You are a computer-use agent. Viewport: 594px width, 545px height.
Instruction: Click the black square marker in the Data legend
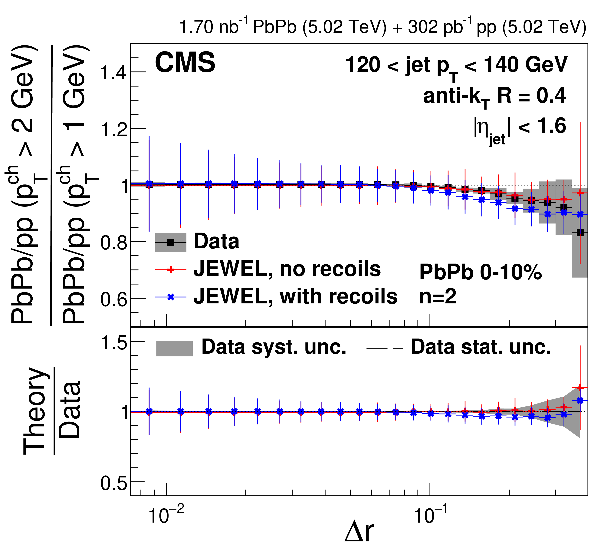tap(171, 242)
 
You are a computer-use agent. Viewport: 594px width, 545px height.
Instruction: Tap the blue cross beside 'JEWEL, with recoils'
tap(171, 297)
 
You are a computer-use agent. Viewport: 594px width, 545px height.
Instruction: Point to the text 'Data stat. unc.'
tap(481, 347)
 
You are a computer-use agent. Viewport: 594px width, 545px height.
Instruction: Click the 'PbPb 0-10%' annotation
tap(481, 272)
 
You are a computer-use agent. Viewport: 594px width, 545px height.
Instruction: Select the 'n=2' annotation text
tap(438, 296)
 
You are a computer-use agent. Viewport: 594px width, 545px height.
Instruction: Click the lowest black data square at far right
tap(580, 233)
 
